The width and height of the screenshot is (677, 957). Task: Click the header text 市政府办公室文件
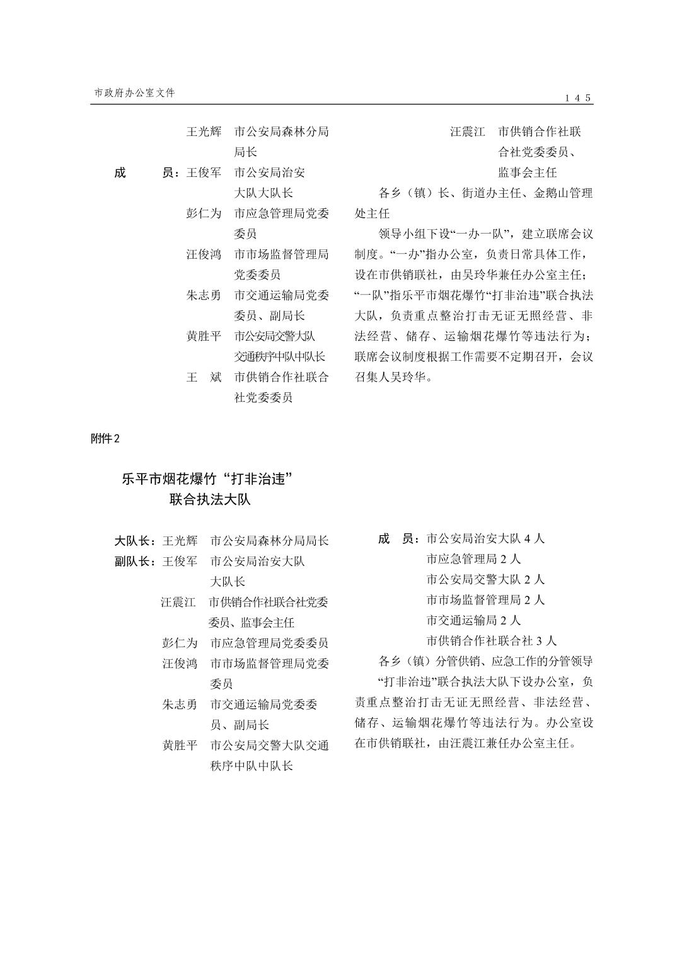tap(134, 93)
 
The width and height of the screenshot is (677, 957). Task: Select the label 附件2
tap(105, 439)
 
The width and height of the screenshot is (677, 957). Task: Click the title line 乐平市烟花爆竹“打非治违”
tap(209, 479)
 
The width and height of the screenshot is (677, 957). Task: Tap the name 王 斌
tap(204, 377)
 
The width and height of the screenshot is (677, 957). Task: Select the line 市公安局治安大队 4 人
tap(485, 538)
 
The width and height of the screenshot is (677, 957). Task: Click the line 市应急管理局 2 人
tap(473, 558)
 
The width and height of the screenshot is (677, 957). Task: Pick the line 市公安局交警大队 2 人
tap(485, 579)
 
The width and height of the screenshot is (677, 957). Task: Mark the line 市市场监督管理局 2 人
tap(485, 599)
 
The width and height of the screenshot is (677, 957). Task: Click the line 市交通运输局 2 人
tap(473, 620)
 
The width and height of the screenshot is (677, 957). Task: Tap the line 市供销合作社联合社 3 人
tap(491, 641)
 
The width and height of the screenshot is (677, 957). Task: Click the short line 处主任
tap(372, 213)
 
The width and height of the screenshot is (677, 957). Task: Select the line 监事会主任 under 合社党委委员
tap(527, 172)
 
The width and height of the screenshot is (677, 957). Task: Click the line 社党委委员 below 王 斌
tap(263, 397)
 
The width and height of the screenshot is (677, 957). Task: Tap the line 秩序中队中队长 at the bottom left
tap(252, 766)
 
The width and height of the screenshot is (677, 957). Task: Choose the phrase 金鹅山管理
tap(563, 193)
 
